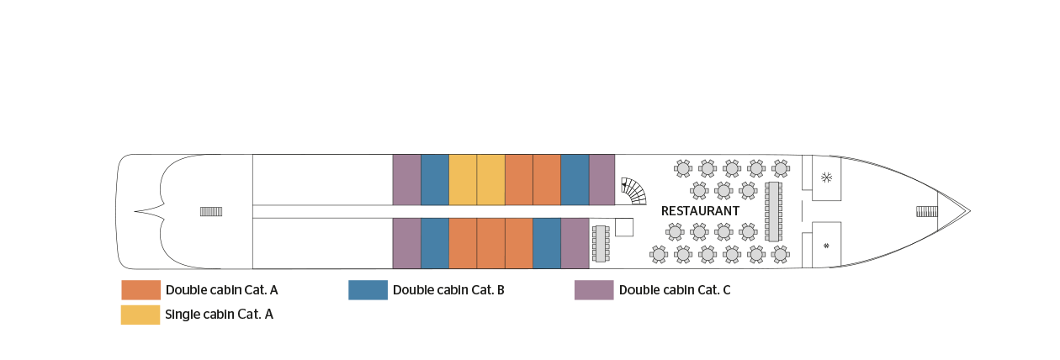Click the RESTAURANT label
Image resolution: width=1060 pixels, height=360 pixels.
(x=700, y=211)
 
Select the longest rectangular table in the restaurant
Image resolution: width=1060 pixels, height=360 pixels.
(x=773, y=211)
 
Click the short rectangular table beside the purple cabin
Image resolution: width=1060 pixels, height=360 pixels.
(x=601, y=243)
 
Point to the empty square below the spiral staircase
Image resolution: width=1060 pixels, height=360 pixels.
(x=624, y=227)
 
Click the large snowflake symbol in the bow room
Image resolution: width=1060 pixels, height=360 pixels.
(x=826, y=177)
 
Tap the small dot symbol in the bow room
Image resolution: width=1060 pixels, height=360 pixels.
(x=826, y=246)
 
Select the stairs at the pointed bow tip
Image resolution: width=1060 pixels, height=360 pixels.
(x=926, y=211)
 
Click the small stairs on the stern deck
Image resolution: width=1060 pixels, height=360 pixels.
(x=210, y=211)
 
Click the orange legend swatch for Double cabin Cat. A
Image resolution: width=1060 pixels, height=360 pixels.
(x=141, y=290)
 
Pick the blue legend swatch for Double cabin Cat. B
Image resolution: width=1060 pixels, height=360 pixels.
(x=368, y=290)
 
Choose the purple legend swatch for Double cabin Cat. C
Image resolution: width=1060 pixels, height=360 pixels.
(x=594, y=290)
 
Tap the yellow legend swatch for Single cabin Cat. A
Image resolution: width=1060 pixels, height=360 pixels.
(x=141, y=314)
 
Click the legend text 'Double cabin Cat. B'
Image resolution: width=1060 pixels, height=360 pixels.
(x=448, y=290)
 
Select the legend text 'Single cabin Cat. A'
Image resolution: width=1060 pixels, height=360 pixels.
(x=220, y=314)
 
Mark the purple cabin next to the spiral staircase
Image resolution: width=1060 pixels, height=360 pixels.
(x=602, y=179)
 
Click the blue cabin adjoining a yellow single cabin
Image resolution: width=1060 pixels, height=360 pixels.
(x=434, y=179)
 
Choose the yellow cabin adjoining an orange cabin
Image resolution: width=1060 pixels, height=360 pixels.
(x=490, y=179)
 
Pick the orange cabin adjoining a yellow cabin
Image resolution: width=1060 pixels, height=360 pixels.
(x=518, y=179)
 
